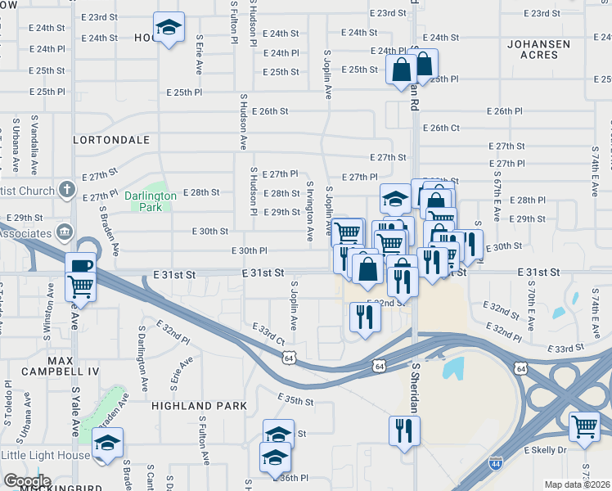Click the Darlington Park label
click(x=151, y=201)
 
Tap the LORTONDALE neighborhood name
click(x=108, y=140)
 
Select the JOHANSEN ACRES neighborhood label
click(x=532, y=49)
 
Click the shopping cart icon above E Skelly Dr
click(x=584, y=426)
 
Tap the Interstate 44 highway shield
click(x=496, y=464)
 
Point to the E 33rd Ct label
click(x=268, y=335)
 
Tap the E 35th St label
click(x=295, y=400)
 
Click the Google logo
click(x=26, y=481)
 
